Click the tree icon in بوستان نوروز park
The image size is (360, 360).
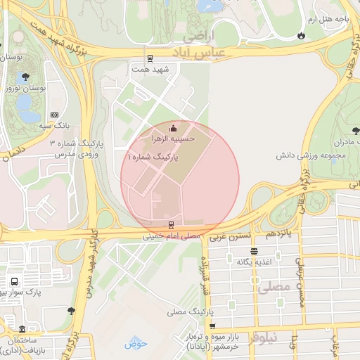pos(26,75)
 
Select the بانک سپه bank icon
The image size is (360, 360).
pos(55,115)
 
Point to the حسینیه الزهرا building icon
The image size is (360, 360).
pos(174,127)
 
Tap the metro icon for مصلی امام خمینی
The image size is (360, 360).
pos(170,226)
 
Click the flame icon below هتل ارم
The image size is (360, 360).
pos(301,35)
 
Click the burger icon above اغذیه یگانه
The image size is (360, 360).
pos(253,251)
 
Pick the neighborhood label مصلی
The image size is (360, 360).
pos(274,288)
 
